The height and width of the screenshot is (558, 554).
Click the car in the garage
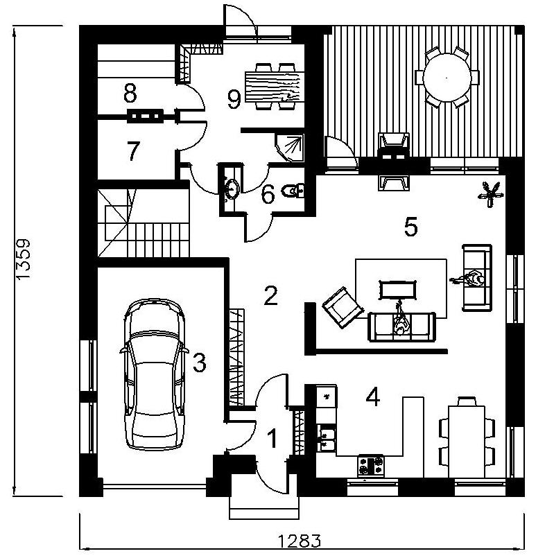tap(154, 374)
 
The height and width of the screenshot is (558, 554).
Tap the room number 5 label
tap(410, 227)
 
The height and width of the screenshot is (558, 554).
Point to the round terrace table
tap(447, 77)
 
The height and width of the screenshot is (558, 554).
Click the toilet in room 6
tap(293, 191)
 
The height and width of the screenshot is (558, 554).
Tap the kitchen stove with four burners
tap(371, 466)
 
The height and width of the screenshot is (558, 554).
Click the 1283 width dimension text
tap(299, 541)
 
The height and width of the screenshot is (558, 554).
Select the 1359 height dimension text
tap(24, 260)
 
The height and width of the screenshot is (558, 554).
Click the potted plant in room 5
tap(491, 194)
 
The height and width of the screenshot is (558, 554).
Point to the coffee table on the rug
tap(398, 290)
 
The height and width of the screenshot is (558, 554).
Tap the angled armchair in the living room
tap(342, 308)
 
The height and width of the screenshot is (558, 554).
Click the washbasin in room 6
tap(232, 189)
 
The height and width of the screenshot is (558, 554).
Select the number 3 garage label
tap(200, 363)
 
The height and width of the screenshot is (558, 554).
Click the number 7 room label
tap(133, 151)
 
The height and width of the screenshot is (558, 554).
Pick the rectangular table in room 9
tap(275, 87)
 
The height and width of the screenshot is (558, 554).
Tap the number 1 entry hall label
tap(272, 438)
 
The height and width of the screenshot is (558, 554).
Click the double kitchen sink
tap(327, 438)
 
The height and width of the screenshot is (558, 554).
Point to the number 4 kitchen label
tap(373, 397)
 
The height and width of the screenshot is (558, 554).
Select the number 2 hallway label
tap(270, 295)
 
